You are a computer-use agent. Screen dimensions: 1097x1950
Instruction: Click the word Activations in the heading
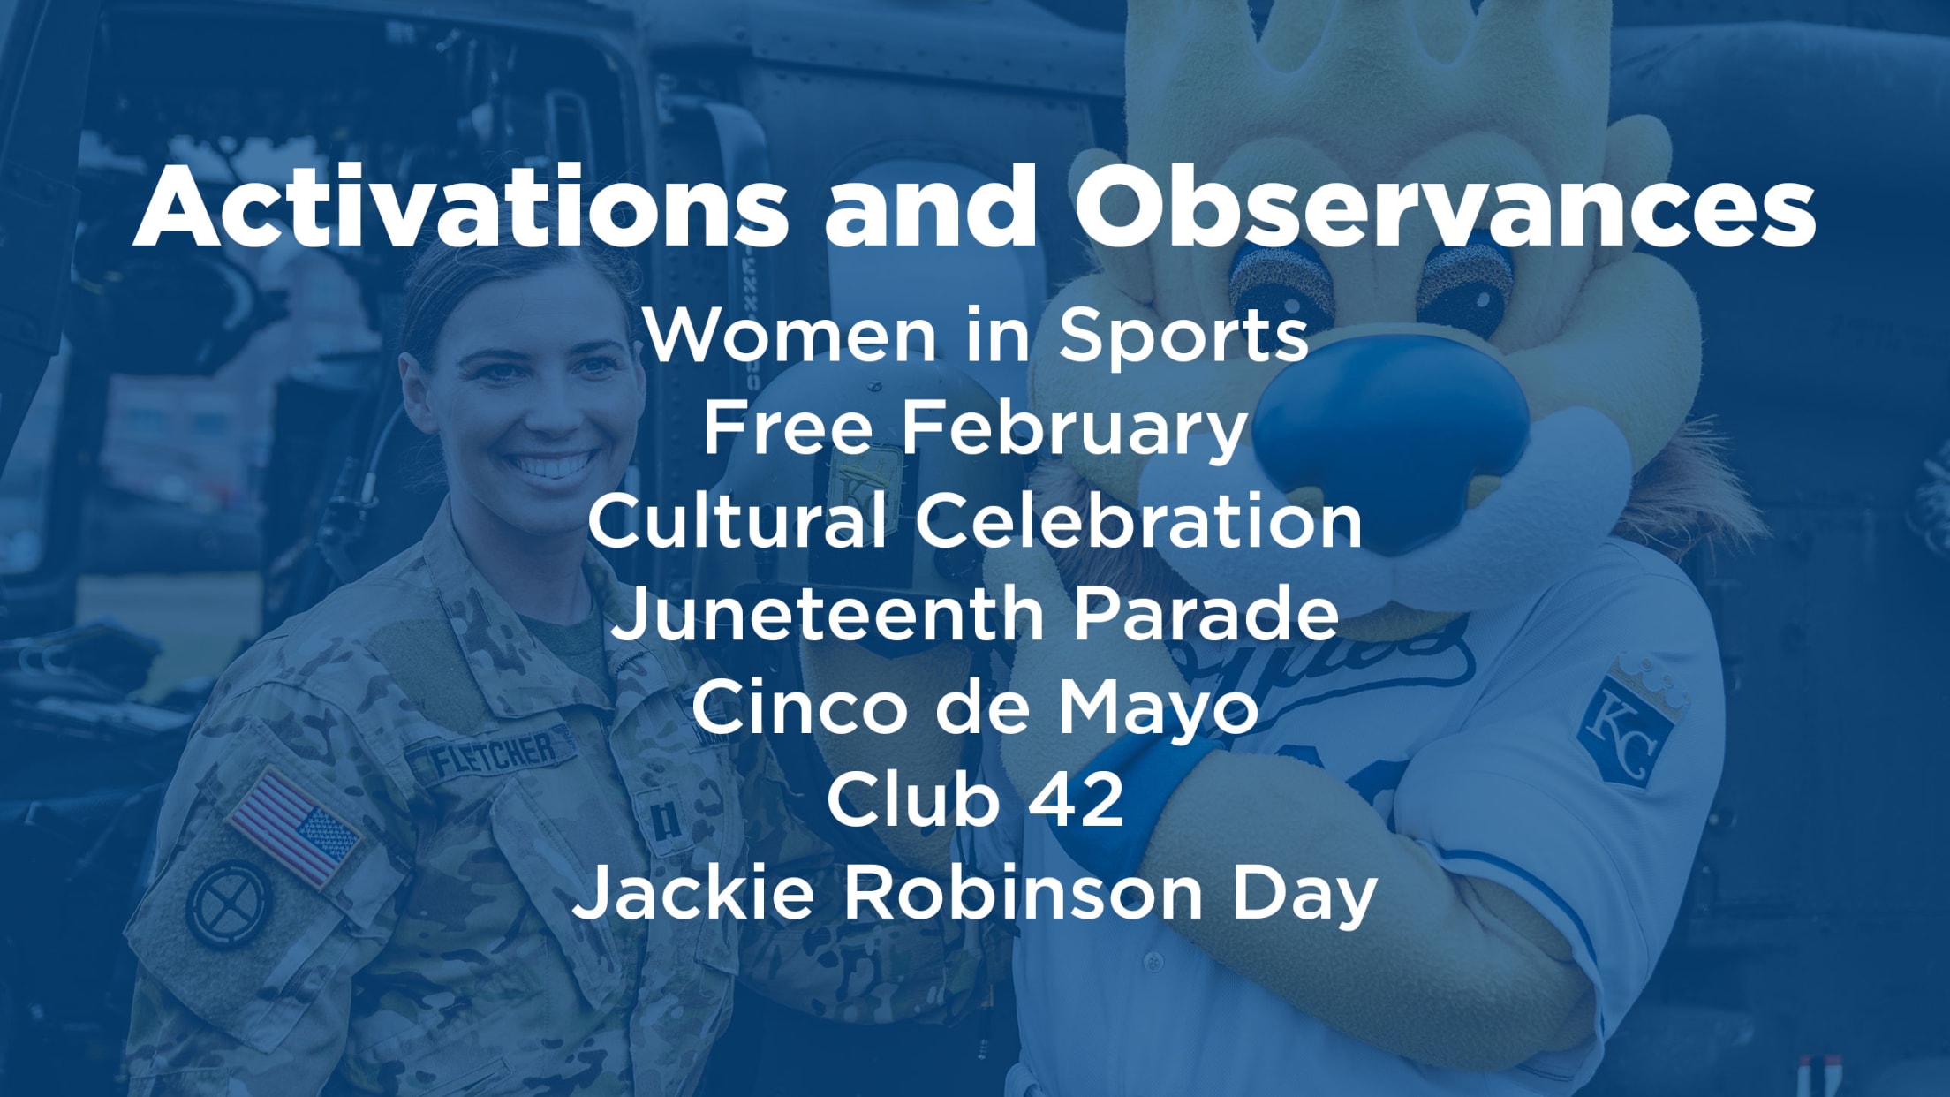[x=460, y=207]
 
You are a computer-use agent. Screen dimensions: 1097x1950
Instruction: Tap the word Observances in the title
[x=1445, y=207]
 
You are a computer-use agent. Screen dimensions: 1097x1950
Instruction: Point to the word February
[x=1072, y=429]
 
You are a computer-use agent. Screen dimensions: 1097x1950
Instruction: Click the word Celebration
[x=1138, y=522]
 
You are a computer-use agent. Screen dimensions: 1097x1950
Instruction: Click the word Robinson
[x=1023, y=893]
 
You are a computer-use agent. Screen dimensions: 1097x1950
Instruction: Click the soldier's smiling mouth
[x=553, y=465]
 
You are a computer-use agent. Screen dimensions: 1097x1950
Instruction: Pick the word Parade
[x=1206, y=616]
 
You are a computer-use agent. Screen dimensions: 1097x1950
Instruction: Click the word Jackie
[x=694, y=893]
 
